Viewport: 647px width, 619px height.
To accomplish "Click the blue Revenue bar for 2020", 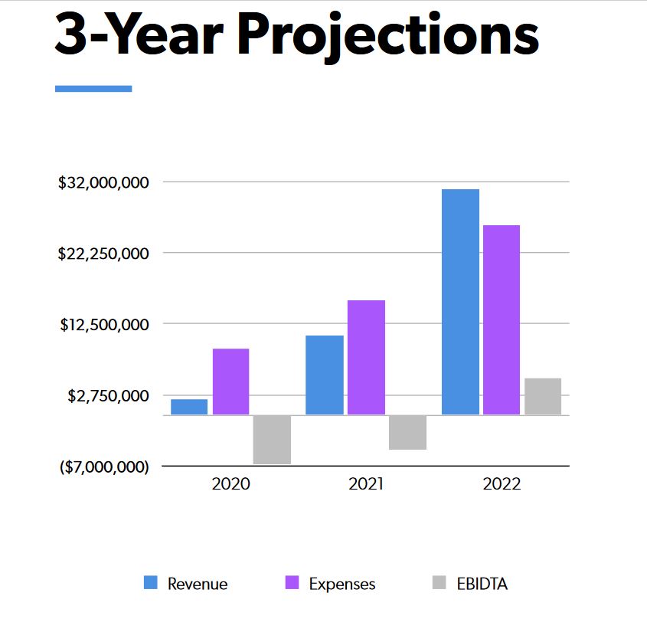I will click(189, 407).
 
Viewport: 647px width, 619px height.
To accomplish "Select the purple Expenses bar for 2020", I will click(230, 382).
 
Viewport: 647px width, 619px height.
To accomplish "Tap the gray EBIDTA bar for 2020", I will click(272, 440).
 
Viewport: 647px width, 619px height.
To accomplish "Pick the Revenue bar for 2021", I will click(325, 375).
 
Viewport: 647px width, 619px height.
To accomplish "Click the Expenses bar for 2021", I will click(366, 358).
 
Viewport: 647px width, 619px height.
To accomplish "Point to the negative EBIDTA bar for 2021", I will click(407, 432).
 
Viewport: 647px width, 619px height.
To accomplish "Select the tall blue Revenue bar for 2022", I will click(460, 302).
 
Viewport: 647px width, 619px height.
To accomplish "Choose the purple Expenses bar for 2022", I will click(501, 320).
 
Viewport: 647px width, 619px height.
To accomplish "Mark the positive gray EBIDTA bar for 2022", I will click(543, 397).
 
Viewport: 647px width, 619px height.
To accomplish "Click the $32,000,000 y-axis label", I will click(103, 182).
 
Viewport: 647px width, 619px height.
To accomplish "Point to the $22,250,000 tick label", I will click(103, 254).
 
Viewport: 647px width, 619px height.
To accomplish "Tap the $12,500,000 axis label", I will click(105, 325).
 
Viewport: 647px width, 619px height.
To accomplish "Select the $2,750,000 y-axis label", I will click(108, 396).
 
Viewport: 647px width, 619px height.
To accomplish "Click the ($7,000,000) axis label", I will click(104, 467).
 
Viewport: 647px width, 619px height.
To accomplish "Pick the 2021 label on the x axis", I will click(366, 485).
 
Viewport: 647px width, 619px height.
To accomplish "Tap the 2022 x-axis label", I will click(502, 485).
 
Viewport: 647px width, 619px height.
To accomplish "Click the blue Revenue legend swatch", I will click(151, 583).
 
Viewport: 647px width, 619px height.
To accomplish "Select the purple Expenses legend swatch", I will click(292, 583).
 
